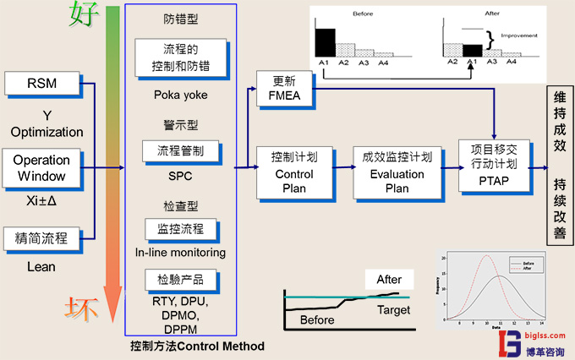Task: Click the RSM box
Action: (x=41, y=84)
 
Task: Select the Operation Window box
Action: (x=41, y=166)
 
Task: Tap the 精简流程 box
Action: (x=41, y=239)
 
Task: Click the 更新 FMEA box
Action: (x=284, y=90)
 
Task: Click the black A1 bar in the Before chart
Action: (x=324, y=42)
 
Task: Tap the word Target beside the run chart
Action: (x=393, y=310)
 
